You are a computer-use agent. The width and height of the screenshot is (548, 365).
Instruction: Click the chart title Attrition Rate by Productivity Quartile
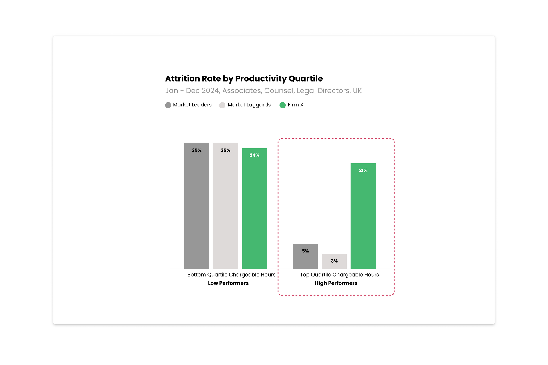244,78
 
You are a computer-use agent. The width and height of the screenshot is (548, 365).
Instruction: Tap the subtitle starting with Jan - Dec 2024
263,91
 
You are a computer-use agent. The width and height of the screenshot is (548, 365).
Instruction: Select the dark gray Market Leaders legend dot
168,105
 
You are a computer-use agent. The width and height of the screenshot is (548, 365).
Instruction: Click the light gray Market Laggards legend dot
222,105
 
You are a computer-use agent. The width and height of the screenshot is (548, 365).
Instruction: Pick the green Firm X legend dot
283,105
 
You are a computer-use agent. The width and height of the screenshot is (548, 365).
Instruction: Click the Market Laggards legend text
249,105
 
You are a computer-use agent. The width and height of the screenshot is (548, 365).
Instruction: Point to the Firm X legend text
295,105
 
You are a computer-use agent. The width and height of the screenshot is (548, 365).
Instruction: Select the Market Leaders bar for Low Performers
197,206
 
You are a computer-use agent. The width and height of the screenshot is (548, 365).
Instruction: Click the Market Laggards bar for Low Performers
225,206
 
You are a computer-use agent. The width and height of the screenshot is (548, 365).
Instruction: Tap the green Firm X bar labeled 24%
255,208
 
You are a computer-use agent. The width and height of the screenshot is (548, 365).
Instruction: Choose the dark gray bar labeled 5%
305,256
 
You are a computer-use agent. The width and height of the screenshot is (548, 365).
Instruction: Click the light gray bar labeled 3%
334,261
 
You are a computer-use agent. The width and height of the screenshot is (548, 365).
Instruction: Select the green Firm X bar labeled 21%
363,216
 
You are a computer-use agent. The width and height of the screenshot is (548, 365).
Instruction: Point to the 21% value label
363,170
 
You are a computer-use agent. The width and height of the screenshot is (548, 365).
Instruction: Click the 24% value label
255,155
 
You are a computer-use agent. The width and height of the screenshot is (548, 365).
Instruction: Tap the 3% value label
334,261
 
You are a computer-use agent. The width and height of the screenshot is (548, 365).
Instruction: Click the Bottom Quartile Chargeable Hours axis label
231,275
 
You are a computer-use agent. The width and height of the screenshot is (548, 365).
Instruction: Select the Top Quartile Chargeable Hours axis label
339,275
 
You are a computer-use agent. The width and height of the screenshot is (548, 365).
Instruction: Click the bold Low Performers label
228,283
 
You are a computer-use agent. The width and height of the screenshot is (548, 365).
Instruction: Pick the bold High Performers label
336,283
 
